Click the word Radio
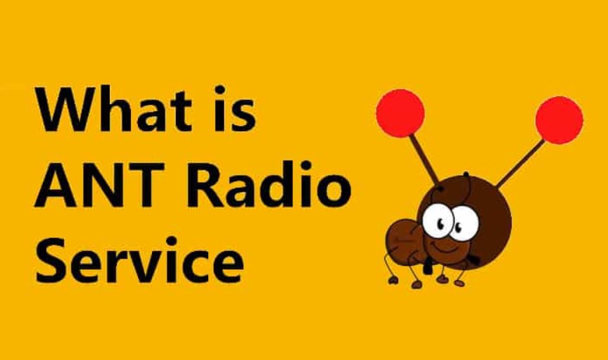[272, 184]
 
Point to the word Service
[139, 261]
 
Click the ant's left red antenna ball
[400, 113]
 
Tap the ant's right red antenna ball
[559, 120]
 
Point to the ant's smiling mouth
[446, 248]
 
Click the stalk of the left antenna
[424, 160]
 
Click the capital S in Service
[51, 261]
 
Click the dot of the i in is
[220, 90]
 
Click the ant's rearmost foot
[393, 281]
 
